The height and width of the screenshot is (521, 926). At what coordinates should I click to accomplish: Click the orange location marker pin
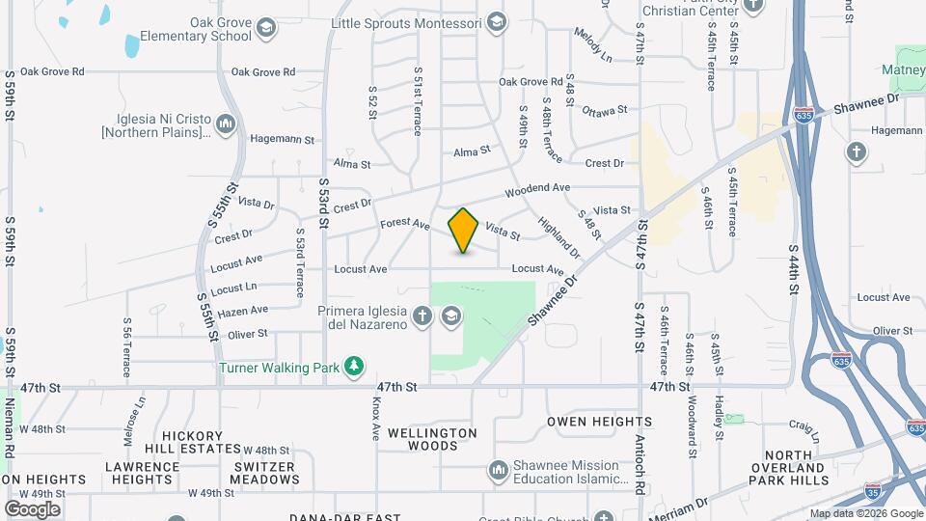(x=463, y=230)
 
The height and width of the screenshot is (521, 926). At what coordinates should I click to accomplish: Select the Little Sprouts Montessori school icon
(x=496, y=22)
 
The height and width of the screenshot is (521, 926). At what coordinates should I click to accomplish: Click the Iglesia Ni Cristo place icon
(x=226, y=123)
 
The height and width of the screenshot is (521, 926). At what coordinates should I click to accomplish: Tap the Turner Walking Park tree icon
(x=356, y=367)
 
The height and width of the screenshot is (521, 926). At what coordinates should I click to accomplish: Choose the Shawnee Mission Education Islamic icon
(x=498, y=471)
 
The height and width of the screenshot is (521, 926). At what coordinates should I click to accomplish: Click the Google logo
(x=32, y=508)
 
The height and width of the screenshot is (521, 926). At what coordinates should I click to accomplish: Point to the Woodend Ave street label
(x=537, y=188)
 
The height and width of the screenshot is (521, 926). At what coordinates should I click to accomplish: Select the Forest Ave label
(x=404, y=224)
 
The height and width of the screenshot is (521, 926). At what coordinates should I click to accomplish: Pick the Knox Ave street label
(x=376, y=419)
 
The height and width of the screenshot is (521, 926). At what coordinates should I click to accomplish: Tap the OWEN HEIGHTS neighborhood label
(x=599, y=422)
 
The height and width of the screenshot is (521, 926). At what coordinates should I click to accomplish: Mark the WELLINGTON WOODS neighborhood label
(x=432, y=439)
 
